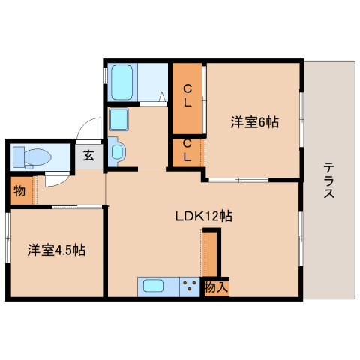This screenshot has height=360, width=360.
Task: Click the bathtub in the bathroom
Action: tap(121, 82)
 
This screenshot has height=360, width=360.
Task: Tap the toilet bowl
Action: tap(37, 157)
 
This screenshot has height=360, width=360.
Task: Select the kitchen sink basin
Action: tap(153, 286)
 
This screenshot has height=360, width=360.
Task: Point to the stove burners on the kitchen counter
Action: tap(189, 285)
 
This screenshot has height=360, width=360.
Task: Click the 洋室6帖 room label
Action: tap(254, 122)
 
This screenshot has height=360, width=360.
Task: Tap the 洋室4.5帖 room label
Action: tap(56, 250)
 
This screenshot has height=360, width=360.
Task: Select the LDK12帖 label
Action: tap(203, 216)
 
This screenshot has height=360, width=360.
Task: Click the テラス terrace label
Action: tap(329, 180)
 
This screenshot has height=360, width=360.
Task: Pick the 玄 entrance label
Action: tap(88, 156)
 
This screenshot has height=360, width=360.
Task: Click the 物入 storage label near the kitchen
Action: tap(216, 286)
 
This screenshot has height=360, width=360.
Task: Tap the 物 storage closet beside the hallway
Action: tap(19, 191)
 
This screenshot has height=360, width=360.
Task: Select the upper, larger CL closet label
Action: tap(187, 95)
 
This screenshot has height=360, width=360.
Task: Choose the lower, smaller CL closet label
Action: tap(187, 150)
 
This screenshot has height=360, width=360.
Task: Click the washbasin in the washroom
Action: tap(117, 151)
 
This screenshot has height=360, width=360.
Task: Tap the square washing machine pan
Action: tap(118, 119)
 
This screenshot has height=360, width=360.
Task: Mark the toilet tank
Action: tap(19, 157)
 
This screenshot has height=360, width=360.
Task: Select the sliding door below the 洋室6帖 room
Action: tap(238, 180)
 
